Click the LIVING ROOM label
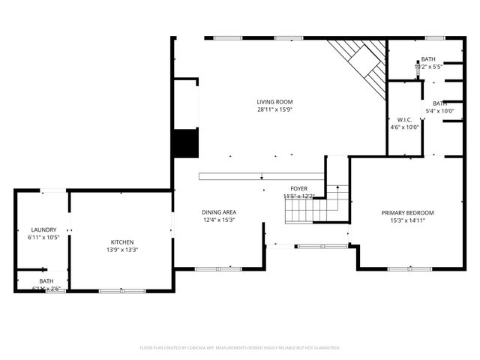click(x=274, y=102)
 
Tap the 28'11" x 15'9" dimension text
click(x=274, y=109)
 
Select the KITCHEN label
click(x=122, y=241)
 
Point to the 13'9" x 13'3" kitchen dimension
click(x=122, y=250)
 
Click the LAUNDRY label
click(x=43, y=229)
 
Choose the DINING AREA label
click(x=219, y=212)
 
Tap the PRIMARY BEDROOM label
click(x=407, y=213)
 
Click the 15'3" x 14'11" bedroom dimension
click(x=407, y=221)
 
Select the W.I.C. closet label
click(x=404, y=119)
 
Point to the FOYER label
click(x=299, y=188)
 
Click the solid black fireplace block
click(x=184, y=142)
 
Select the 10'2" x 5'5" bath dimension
click(x=427, y=66)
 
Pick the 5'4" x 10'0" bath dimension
click(x=439, y=111)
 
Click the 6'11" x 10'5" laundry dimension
click(x=43, y=238)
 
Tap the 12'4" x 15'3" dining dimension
click(x=219, y=220)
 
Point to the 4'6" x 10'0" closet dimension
click(x=404, y=127)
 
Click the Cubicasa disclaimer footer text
click(x=240, y=348)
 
